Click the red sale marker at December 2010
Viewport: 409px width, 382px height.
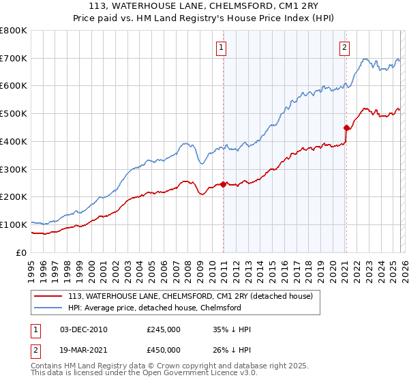click(223, 184)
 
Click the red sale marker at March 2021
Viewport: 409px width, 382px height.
click(346, 127)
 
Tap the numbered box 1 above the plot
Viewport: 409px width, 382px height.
click(222, 47)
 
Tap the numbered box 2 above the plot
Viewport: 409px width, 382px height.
click(345, 47)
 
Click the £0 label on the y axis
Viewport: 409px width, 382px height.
click(22, 252)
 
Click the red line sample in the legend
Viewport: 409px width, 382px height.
click(48, 296)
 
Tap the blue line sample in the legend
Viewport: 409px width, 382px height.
click(48, 308)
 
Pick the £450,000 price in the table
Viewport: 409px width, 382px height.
click(163, 350)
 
